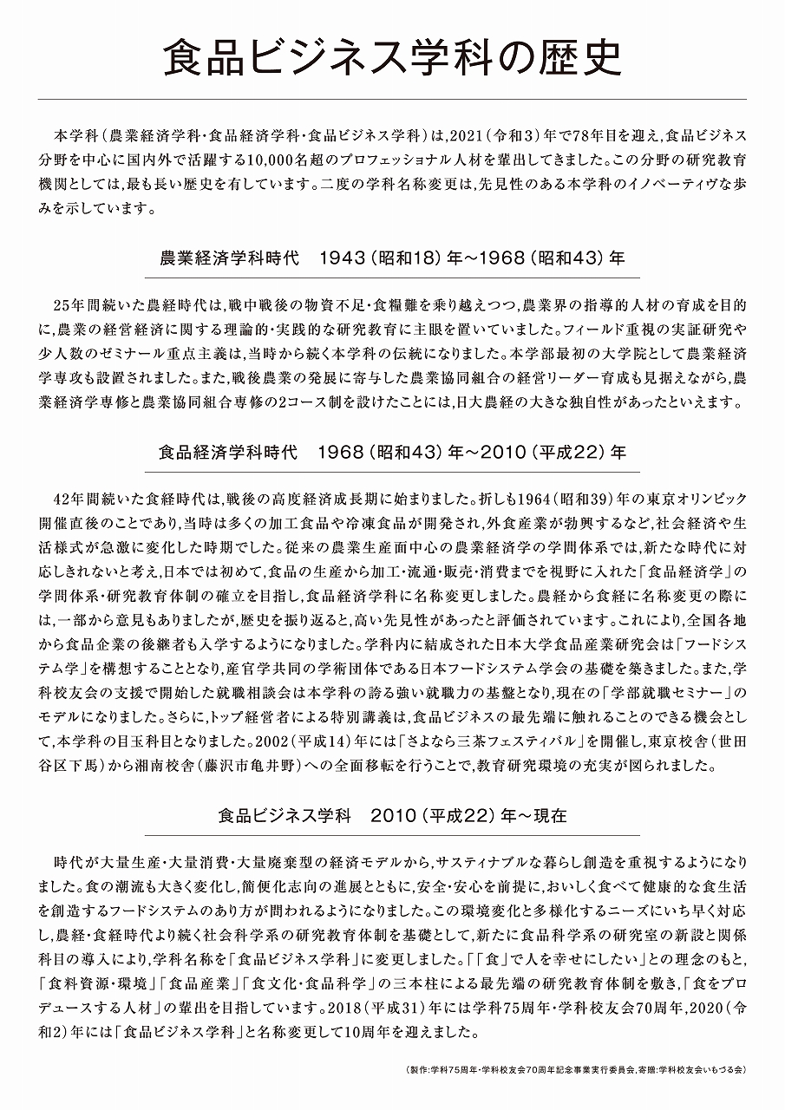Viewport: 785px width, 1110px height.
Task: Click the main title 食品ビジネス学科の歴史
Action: [392, 60]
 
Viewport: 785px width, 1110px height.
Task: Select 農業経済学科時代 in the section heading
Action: [229, 258]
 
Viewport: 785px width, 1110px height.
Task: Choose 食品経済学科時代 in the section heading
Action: [228, 452]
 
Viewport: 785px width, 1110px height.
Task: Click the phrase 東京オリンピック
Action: [690, 500]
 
